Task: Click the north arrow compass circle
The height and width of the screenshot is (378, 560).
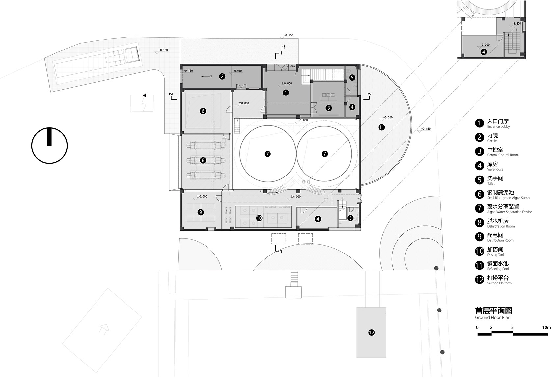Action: [49, 146]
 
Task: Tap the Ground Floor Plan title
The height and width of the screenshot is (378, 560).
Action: [493, 313]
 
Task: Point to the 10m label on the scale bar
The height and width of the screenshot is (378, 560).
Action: [546, 328]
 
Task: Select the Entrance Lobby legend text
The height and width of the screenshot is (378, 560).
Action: [498, 123]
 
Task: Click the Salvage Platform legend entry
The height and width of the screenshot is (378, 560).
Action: [499, 280]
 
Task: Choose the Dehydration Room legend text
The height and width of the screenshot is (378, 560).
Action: [500, 223]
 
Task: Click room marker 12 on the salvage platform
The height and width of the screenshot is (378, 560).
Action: [371, 333]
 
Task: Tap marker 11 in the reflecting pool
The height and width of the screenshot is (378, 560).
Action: [381, 127]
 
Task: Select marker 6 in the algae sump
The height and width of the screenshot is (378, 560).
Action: [203, 111]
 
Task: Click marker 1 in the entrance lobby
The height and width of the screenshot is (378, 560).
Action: [286, 93]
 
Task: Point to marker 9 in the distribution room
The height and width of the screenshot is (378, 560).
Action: [201, 212]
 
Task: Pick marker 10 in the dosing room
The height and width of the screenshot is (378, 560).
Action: [259, 218]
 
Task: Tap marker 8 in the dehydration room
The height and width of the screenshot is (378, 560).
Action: [203, 161]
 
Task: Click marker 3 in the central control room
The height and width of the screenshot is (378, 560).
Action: [328, 108]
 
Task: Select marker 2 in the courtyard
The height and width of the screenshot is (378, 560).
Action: [222, 76]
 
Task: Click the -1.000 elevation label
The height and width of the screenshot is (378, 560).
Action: [303, 120]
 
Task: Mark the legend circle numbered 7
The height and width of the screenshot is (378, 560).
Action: [480, 208]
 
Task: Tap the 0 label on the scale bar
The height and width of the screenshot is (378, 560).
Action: [477, 328]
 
